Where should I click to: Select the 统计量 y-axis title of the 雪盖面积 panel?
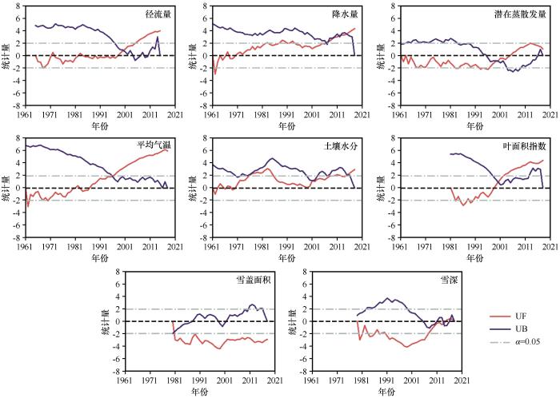pyautogui.click(x=105, y=321)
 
